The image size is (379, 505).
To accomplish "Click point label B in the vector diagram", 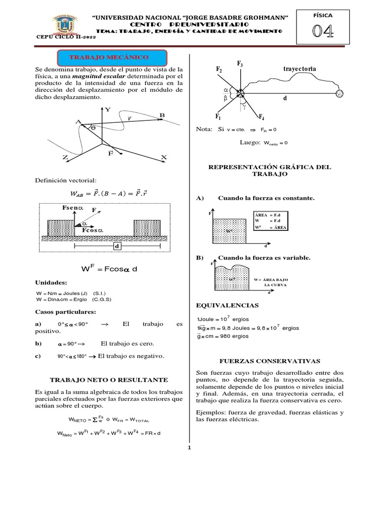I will [161, 115].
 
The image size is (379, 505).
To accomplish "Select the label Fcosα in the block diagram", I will [92, 230].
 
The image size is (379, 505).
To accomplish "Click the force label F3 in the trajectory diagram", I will [240, 64].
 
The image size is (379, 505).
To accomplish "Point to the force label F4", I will [262, 116].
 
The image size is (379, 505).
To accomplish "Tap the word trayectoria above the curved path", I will [300, 69].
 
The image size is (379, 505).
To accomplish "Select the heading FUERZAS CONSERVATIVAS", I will [272, 361].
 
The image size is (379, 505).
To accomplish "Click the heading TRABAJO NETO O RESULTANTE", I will [109, 380].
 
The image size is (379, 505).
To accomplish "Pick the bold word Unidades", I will [51, 283].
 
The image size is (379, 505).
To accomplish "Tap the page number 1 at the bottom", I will [189, 448].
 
